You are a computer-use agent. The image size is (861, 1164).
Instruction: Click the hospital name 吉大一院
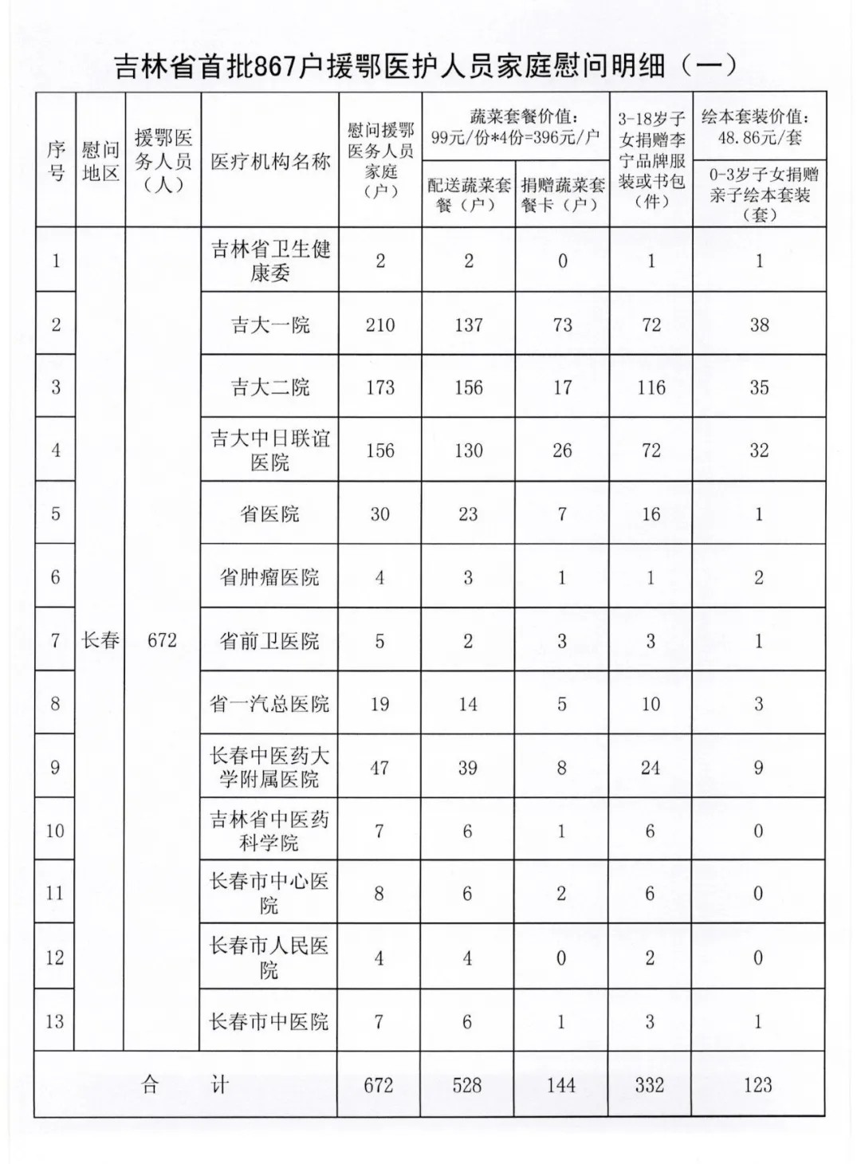click(x=270, y=324)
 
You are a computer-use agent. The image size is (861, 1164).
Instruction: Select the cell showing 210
click(x=380, y=324)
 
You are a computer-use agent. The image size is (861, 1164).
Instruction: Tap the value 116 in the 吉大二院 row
click(x=651, y=387)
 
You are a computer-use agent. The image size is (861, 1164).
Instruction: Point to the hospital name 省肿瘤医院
click(x=269, y=576)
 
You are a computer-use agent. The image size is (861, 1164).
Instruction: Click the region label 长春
click(x=100, y=640)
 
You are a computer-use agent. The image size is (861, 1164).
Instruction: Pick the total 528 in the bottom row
click(x=467, y=1085)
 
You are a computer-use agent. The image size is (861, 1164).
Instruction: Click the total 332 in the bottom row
click(x=650, y=1085)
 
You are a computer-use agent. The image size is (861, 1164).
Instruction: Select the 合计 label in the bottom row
click(x=185, y=1085)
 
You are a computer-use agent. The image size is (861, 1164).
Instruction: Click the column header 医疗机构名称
click(x=270, y=162)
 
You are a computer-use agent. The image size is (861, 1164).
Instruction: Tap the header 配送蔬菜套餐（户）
click(x=469, y=195)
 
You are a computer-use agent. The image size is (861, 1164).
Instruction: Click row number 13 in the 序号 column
click(x=55, y=1021)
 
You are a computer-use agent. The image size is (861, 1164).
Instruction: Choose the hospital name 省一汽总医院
click(x=269, y=703)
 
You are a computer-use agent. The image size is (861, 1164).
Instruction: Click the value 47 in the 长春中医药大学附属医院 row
click(x=379, y=768)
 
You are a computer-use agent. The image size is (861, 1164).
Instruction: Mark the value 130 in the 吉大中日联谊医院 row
click(x=468, y=450)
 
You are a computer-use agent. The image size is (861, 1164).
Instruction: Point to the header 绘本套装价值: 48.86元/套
click(x=759, y=127)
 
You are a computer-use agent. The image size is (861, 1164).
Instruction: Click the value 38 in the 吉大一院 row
click(x=759, y=324)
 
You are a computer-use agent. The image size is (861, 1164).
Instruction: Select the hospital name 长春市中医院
click(x=269, y=1021)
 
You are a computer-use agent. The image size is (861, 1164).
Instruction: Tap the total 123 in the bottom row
click(x=757, y=1085)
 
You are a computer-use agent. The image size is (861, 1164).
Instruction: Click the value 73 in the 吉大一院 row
click(x=562, y=324)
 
